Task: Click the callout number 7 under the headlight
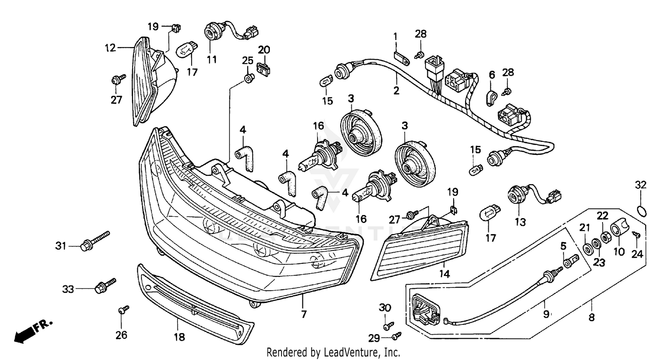point(304,314)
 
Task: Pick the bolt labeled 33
point(105,286)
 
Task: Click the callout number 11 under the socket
point(212,59)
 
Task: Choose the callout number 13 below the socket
point(520,221)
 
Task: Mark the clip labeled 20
point(264,68)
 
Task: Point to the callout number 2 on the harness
point(396,91)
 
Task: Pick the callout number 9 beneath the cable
point(546,314)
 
